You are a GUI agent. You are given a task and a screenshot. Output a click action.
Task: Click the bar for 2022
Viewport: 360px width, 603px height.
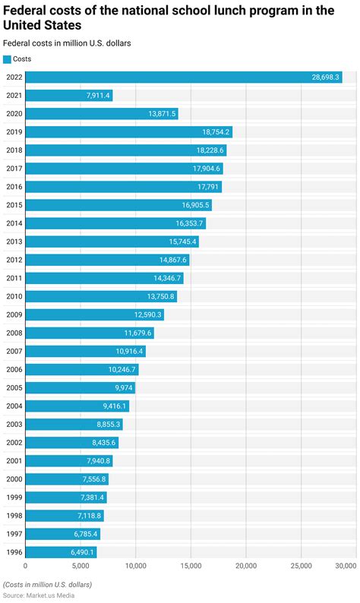183,77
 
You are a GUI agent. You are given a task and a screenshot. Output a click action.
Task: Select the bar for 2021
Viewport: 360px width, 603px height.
68,96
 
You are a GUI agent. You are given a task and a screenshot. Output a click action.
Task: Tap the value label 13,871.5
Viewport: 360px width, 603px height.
162,114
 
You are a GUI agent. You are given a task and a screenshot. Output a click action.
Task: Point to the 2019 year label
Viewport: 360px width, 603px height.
14,132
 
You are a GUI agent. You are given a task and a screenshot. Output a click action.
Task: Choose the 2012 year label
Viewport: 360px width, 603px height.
14,260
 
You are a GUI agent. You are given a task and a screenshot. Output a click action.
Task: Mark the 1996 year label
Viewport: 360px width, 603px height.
14,551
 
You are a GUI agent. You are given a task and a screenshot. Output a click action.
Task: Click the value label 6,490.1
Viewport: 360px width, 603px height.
82,551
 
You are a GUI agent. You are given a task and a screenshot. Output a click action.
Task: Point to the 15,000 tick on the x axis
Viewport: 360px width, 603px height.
191,566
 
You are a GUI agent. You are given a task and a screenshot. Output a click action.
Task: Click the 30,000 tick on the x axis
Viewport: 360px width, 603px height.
346,566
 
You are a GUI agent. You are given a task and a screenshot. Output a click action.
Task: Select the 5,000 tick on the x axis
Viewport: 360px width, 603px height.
80,566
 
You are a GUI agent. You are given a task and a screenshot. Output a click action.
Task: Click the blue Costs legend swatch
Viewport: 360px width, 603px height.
8,59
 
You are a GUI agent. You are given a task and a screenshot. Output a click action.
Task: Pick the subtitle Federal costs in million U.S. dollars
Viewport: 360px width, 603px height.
67,43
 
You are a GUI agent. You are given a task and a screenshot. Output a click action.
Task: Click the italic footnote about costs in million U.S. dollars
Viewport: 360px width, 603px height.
47,584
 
